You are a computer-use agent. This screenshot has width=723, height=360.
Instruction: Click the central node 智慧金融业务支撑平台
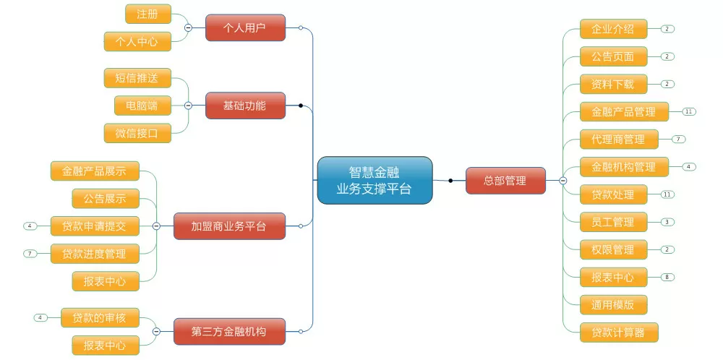pos(375,180)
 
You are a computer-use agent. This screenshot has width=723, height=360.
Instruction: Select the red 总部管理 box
pos(505,181)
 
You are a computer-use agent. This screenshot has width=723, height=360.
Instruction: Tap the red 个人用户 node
pos(245,27)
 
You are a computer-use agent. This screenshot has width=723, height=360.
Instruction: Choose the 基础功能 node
pos(245,106)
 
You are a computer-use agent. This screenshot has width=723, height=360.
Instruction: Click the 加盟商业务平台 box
pos(229,226)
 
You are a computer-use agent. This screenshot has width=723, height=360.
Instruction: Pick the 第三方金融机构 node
pos(229,331)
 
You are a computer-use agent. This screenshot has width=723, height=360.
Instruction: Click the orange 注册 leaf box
pos(148,14)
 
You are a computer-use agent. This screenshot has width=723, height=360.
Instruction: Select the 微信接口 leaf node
pos(137,133)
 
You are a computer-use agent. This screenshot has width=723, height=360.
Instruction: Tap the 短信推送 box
pos(137,78)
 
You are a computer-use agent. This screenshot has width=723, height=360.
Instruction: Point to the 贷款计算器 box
pos(619,333)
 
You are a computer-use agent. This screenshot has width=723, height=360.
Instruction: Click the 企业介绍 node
pos(613,29)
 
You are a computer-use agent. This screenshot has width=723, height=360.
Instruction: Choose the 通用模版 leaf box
pos(613,304)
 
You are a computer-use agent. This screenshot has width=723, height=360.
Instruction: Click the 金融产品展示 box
pos(95,171)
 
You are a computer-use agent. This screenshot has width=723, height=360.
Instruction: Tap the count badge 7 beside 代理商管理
pos(678,140)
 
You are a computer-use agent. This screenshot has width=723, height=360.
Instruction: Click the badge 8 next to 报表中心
pos(667,277)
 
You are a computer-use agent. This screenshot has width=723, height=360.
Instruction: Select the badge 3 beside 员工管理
pos(667,222)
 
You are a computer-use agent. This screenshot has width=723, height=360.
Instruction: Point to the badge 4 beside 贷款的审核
pos(40,317)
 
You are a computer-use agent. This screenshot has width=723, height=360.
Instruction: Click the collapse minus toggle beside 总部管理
pos(563,181)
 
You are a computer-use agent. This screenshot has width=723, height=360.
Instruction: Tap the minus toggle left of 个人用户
pos(188,27)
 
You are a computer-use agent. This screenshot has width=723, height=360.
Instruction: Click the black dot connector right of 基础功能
pos(301,106)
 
